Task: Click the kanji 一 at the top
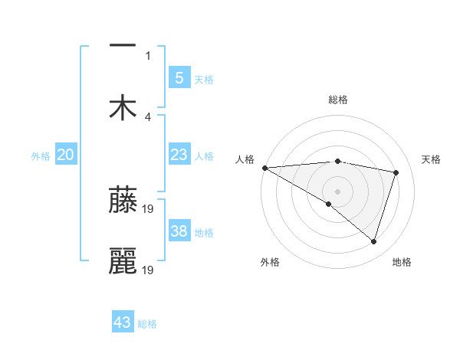point(123,46)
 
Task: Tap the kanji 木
point(123,108)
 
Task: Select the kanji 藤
point(123,200)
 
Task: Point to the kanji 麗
point(123,261)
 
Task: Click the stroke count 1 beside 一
point(148,55)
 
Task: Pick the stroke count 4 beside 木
point(148,116)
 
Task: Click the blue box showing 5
point(179,77)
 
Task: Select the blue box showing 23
point(179,155)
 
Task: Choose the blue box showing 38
point(179,231)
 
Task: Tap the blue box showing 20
point(66,155)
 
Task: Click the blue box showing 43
point(123,322)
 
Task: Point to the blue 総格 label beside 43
point(147,324)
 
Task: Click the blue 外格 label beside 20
point(41,156)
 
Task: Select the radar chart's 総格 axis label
point(338,100)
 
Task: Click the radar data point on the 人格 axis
point(264,167)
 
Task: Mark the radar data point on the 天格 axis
point(396,172)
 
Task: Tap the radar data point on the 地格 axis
point(374,241)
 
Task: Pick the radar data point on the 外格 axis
point(329,204)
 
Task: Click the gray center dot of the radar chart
point(338,191)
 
